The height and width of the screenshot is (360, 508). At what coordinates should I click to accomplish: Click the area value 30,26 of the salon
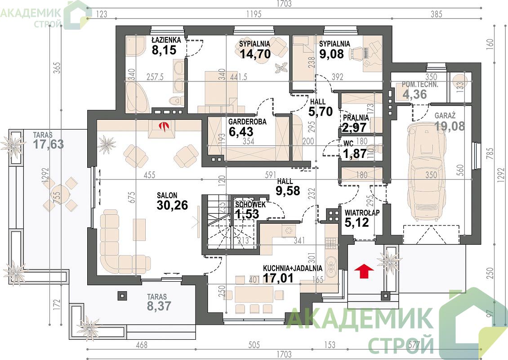pyautogui.click(x=172, y=205)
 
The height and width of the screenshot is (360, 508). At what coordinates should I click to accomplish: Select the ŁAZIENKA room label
pyautogui.click(x=166, y=40)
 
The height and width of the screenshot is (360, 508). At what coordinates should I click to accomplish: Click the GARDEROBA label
pyautogui.click(x=247, y=122)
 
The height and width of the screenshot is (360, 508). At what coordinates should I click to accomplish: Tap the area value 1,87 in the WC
pyautogui.click(x=355, y=153)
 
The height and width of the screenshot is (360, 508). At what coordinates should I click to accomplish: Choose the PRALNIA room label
pyautogui.click(x=356, y=118)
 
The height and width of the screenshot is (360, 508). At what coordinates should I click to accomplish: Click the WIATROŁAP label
pyautogui.click(x=362, y=213)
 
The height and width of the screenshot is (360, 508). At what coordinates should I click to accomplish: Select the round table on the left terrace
pyautogui.click(x=60, y=194)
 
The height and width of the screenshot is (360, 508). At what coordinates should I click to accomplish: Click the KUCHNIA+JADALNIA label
pyautogui.click(x=293, y=269)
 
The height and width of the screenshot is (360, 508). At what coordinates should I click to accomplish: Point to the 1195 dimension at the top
pyautogui.click(x=254, y=14)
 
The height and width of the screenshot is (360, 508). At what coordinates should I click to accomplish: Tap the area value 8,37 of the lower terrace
pyautogui.click(x=159, y=306)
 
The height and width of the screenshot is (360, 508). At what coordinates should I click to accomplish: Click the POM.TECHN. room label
pyautogui.click(x=420, y=85)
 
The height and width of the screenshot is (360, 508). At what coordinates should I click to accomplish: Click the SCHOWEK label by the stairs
pyautogui.click(x=250, y=205)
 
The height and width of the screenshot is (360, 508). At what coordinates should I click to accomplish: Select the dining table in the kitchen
pyautogui.click(x=254, y=295)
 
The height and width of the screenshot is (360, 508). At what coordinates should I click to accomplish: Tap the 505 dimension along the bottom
pyautogui.click(x=254, y=344)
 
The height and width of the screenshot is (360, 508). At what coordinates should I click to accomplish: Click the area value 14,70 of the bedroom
pyautogui.click(x=255, y=54)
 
